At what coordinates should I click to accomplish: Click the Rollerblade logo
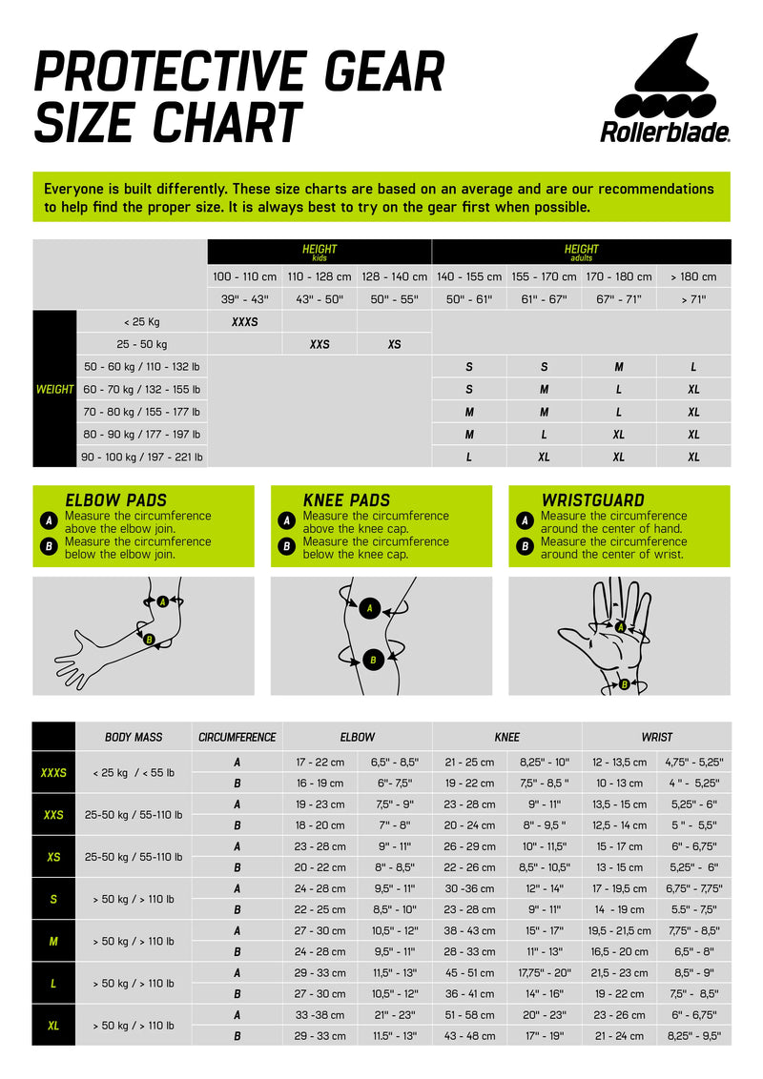click(665, 91)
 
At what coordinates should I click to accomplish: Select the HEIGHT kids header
click(319, 252)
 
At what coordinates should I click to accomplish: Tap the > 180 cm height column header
click(693, 276)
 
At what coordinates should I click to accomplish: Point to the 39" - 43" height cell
click(245, 299)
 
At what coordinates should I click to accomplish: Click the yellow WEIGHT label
click(54, 389)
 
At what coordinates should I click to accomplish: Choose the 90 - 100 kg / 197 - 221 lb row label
click(143, 457)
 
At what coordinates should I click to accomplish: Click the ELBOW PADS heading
click(115, 499)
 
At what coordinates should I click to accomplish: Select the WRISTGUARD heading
click(592, 499)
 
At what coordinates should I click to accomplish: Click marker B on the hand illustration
click(624, 683)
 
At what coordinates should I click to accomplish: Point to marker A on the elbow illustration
click(163, 601)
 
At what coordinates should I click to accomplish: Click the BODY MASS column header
click(134, 737)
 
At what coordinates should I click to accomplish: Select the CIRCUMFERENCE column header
click(237, 737)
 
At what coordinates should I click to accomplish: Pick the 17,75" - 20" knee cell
click(544, 972)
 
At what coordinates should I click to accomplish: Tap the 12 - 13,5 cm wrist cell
click(618, 762)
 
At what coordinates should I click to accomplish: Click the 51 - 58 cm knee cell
click(469, 1015)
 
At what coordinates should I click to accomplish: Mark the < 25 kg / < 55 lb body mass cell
click(134, 772)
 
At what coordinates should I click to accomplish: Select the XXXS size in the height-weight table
click(245, 322)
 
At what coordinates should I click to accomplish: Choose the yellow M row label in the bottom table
click(53, 941)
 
